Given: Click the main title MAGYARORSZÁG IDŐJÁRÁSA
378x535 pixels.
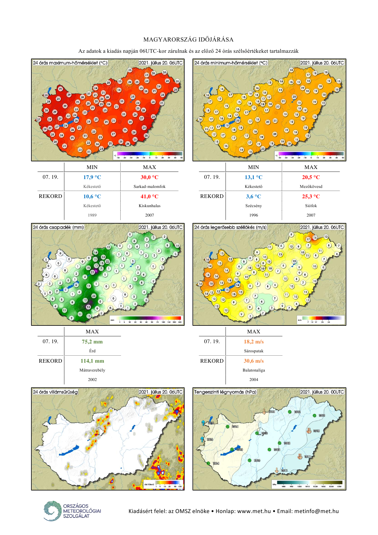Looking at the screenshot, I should pos(189,40).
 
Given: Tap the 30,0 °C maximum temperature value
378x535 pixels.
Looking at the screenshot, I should pos(149,177).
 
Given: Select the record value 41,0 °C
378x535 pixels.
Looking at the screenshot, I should pos(149,196).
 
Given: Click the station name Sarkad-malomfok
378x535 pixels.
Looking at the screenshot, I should pos(149,186).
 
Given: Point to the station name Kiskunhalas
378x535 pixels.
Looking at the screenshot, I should pos(149,206).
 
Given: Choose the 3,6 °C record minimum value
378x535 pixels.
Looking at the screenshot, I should pos(253,196).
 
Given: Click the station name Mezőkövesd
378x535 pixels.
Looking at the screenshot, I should pos(311,186).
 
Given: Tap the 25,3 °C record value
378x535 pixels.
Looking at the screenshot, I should pos(311,196).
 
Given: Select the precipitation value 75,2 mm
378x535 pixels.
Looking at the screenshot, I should pos(92,342).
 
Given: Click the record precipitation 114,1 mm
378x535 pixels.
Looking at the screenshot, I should pos(92,361).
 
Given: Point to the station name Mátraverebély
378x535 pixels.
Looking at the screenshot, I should pos(92,370).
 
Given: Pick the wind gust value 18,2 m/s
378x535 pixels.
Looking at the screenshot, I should pos(254,342).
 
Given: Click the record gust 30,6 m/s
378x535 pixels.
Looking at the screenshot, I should pos(254,361).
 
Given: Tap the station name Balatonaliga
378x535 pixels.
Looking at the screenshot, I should pos(254,370).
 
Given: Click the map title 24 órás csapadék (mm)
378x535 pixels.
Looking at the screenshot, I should pos(58,227).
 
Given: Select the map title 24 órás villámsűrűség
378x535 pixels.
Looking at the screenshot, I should pos(55,392).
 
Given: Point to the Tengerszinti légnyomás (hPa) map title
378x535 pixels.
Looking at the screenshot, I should pos(225,392).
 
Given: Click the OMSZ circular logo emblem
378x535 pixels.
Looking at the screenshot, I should pos(52,511).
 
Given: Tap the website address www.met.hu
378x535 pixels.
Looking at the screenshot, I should pos(254,511).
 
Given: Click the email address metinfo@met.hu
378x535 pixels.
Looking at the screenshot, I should pos(316,511).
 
